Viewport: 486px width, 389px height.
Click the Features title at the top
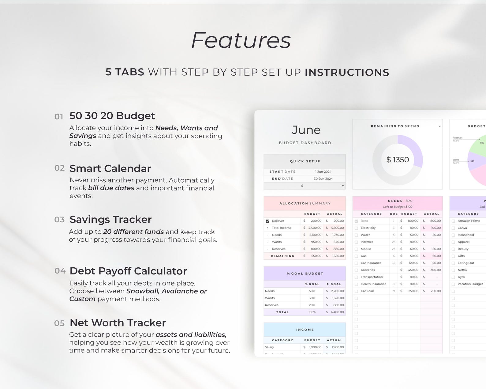(241, 40)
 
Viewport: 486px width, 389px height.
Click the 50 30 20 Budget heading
(112, 116)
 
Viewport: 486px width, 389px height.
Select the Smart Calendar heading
(110, 168)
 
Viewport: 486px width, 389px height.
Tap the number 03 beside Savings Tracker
(59, 220)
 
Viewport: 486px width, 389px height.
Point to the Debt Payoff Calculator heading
(128, 271)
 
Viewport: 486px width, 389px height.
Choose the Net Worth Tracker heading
(118, 323)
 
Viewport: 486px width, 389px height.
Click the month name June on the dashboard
(306, 130)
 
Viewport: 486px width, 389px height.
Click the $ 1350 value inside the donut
(398, 160)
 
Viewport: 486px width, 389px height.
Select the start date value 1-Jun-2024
(323, 172)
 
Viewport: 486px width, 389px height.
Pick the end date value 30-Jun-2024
(323, 179)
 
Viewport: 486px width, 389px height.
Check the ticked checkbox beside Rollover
(267, 221)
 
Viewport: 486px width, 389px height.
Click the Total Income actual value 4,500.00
(337, 228)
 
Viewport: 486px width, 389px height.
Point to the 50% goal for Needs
(312, 291)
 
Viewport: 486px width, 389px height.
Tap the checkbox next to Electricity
(356, 228)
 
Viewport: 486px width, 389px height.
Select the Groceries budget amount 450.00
(413, 270)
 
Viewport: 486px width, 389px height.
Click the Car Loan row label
(367, 291)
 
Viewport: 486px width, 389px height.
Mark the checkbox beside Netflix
(453, 270)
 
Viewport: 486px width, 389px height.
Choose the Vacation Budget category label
(470, 284)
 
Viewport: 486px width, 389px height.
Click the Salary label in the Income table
(270, 347)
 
